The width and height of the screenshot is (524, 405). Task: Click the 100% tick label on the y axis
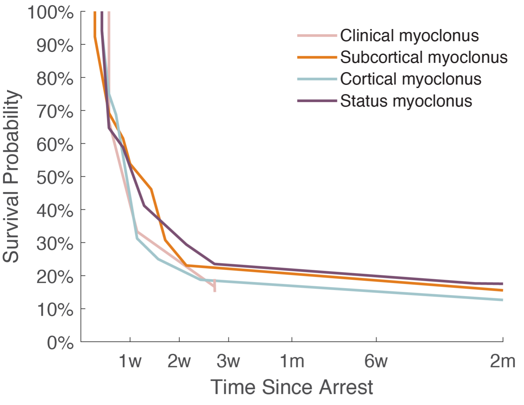(51, 13)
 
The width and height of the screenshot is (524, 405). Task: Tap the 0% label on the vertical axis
(61, 343)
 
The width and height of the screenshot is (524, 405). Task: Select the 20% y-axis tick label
(55, 277)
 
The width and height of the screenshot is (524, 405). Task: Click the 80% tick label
(55, 78)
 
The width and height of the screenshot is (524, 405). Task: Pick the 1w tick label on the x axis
(130, 361)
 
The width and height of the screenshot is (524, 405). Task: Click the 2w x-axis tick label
(179, 361)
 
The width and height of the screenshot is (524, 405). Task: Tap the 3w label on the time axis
(229, 361)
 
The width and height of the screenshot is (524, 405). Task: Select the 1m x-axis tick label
(292, 361)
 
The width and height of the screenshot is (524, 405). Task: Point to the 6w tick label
(376, 361)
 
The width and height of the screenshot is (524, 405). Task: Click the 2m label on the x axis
(502, 361)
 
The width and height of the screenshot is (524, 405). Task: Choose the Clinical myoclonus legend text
(409, 36)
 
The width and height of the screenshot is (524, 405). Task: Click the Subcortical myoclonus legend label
(423, 57)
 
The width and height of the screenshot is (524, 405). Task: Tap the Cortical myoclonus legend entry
(410, 79)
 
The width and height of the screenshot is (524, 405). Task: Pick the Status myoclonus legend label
(406, 101)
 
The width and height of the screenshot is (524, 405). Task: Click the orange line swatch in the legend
(317, 57)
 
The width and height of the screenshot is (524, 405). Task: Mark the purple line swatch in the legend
(317, 101)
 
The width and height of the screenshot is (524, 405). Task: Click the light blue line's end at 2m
(503, 300)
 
